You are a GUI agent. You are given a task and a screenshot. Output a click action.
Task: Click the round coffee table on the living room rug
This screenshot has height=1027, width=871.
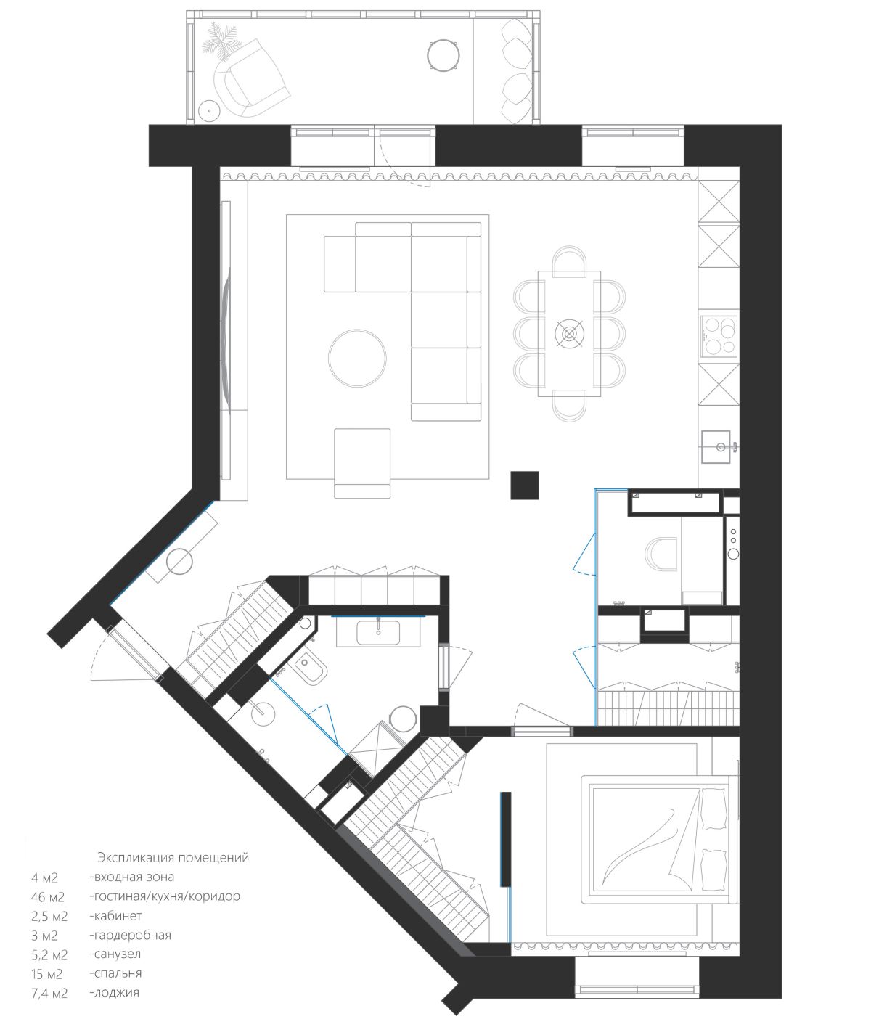pyautogui.click(x=357, y=358)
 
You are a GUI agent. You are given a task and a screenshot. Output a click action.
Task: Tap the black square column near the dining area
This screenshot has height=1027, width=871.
pyautogui.click(x=525, y=485)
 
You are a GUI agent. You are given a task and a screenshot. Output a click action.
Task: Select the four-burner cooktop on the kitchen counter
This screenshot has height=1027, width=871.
pyautogui.click(x=718, y=336)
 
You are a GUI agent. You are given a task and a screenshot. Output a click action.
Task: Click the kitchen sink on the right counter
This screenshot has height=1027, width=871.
pyautogui.click(x=716, y=446)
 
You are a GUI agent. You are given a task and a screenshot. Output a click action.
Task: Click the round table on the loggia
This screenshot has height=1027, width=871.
pyautogui.click(x=443, y=55)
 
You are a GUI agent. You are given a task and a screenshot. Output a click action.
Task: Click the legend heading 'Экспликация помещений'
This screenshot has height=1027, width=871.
pyautogui.click(x=173, y=858)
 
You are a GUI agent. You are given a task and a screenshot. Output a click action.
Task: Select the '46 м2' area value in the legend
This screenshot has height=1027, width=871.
pyautogui.click(x=48, y=897)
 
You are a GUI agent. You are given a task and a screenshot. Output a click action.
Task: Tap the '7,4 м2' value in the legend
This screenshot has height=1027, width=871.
pyautogui.click(x=49, y=994)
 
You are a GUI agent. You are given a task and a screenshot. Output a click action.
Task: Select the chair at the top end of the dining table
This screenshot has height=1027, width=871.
pyautogui.click(x=569, y=261)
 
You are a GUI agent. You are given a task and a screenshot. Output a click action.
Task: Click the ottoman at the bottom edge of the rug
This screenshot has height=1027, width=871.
pyautogui.click(x=362, y=463)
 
